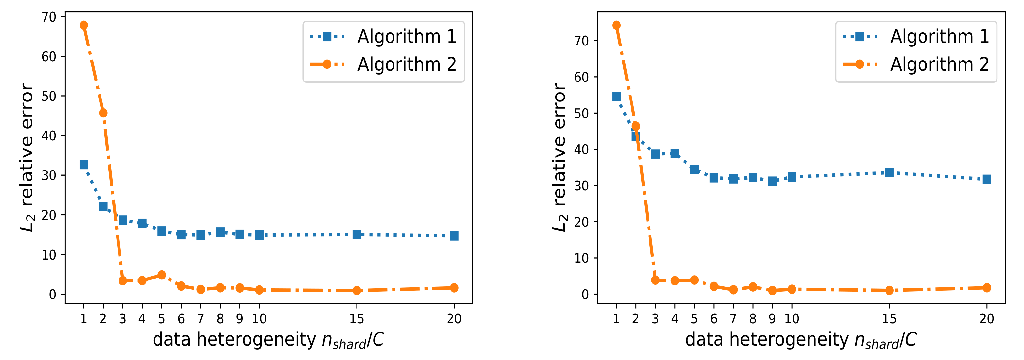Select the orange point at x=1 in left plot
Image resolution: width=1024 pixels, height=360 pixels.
point(83,25)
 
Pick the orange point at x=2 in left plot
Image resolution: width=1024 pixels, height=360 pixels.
point(103,113)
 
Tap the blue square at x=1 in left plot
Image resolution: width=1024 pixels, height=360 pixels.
point(83,165)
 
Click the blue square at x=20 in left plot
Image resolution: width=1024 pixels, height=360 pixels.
point(454,236)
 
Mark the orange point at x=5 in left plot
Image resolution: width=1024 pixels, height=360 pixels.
point(161,275)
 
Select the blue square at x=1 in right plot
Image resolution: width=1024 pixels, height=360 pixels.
point(616,97)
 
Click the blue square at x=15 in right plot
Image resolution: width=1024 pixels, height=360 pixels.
point(889,172)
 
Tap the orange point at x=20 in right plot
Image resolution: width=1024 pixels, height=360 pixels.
point(987,288)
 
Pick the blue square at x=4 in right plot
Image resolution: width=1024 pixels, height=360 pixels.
point(675,153)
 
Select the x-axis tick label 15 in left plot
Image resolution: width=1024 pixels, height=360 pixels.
point(357,319)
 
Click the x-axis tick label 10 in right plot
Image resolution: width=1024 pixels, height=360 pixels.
point(792,319)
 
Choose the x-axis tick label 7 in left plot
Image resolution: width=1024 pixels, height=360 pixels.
point(200,319)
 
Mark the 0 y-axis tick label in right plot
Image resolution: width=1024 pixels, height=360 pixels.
point(585,295)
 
